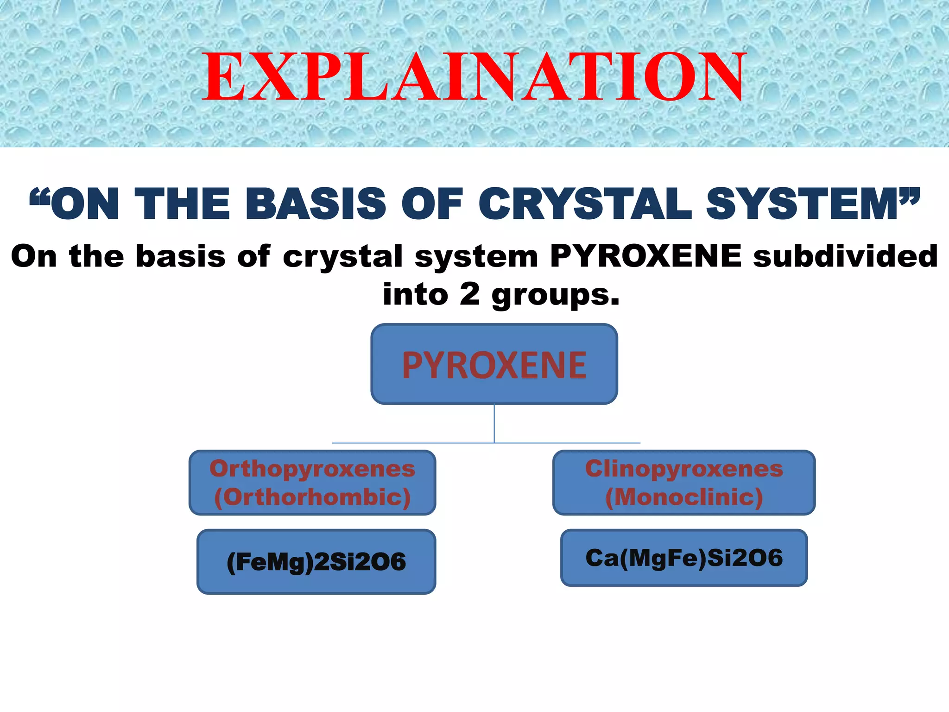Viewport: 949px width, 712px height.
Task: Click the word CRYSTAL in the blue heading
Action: [x=585, y=204]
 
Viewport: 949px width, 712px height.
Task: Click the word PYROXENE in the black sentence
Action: [x=645, y=256]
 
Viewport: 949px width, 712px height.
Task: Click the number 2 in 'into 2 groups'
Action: [x=469, y=294]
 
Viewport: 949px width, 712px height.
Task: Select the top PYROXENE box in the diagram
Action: [x=494, y=364]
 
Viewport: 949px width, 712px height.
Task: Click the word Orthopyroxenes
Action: [x=312, y=469]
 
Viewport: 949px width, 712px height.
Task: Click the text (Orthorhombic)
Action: [x=312, y=497]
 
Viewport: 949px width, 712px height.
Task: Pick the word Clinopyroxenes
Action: [x=684, y=469]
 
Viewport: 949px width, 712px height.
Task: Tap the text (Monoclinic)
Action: [x=684, y=497]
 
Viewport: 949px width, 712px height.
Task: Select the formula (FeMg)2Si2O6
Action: [x=316, y=562]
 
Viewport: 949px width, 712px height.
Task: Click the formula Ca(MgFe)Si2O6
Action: [x=684, y=558]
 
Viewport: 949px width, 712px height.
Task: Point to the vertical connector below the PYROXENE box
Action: [x=494, y=423]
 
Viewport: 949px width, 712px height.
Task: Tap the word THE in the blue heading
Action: [x=182, y=204]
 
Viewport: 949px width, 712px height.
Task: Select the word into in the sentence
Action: [x=415, y=294]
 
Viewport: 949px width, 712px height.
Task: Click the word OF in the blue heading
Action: [x=432, y=204]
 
